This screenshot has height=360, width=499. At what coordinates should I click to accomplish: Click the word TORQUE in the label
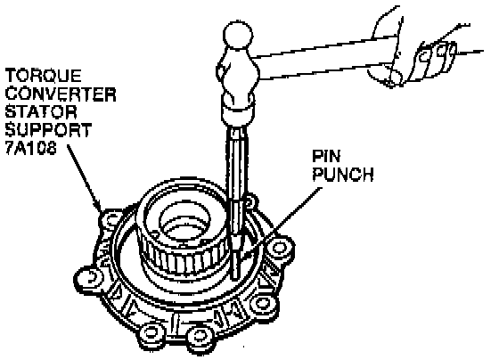point(44,76)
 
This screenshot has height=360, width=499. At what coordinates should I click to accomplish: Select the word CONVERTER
point(61,94)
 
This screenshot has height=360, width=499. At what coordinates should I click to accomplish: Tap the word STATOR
point(41,112)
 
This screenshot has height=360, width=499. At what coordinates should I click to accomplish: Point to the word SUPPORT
point(49,130)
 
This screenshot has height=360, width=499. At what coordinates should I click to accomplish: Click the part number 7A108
point(31,148)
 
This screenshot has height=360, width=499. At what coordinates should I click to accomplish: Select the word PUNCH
point(343,174)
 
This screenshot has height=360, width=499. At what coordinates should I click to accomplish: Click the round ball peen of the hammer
point(238,35)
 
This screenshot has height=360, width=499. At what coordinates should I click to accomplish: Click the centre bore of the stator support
point(184,220)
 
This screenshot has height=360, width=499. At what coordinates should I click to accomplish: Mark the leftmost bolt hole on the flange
point(90,276)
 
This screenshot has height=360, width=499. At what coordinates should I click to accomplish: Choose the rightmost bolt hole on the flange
point(279,248)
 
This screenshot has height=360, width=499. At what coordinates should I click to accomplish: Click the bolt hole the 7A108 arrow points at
point(111,219)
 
